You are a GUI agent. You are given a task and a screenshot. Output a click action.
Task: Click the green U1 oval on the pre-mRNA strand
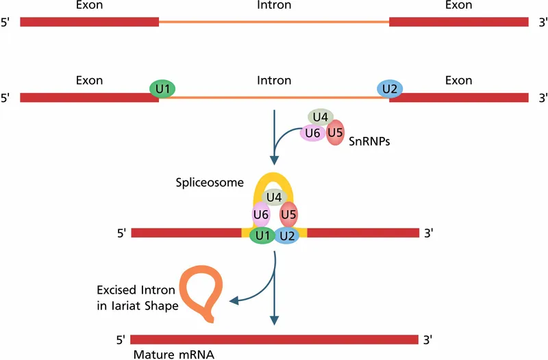(x=162, y=89)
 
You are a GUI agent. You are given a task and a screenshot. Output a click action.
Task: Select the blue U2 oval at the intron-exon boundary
(x=390, y=89)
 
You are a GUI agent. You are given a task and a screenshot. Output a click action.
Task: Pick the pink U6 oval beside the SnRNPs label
(x=312, y=133)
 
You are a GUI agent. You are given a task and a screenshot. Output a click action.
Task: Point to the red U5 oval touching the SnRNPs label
(x=335, y=132)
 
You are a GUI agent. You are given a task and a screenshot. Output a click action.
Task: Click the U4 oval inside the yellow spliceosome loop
(x=274, y=198)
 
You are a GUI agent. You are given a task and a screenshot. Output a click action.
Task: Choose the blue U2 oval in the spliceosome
(x=287, y=236)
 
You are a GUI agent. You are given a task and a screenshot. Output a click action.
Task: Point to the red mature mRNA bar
(x=274, y=339)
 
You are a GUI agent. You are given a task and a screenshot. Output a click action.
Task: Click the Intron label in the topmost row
(x=274, y=5)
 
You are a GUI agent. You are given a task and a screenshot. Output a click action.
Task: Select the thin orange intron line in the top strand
(x=274, y=22)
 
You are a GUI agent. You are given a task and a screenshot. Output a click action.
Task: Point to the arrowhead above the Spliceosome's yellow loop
(x=274, y=160)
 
